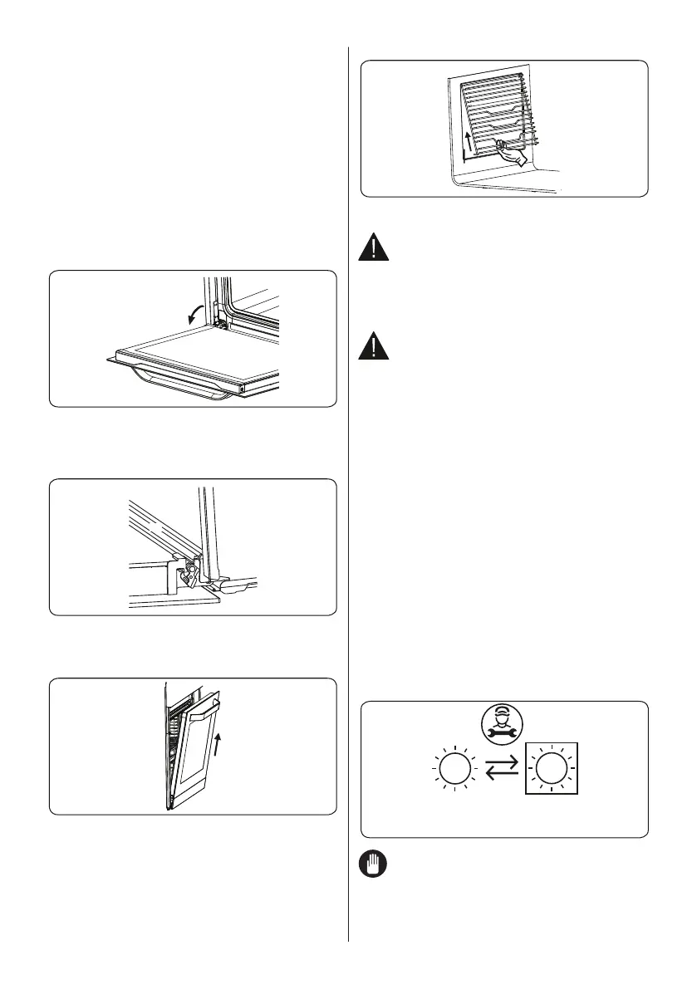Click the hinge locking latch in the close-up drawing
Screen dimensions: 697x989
click(x=191, y=570)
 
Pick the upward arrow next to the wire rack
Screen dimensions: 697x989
click(x=469, y=138)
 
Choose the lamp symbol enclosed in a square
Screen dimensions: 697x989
click(x=547, y=771)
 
